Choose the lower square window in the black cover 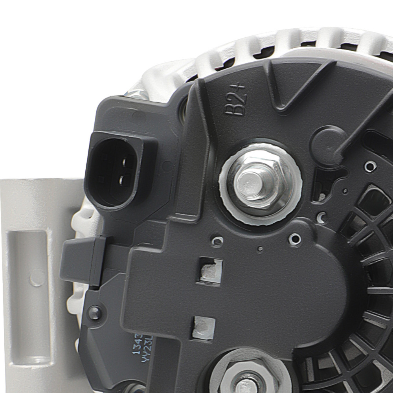click(x=204, y=328)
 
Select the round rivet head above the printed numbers click(x=94, y=313)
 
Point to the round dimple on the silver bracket click(x=37, y=277)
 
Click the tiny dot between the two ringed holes click(x=260, y=249)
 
